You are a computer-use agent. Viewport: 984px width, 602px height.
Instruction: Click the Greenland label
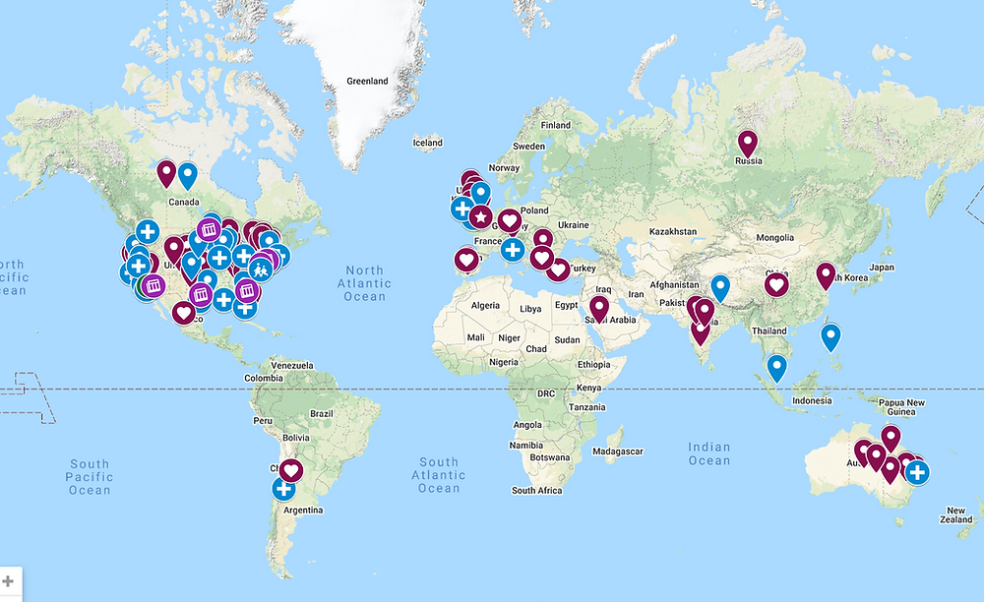(x=367, y=81)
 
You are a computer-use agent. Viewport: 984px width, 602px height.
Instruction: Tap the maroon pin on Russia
(x=748, y=146)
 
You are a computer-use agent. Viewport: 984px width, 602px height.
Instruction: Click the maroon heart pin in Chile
(x=291, y=470)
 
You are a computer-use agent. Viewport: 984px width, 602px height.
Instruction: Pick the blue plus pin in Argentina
(x=283, y=488)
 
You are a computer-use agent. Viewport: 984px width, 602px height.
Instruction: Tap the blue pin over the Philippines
(x=831, y=337)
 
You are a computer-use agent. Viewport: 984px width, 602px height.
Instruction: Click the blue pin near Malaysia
(x=777, y=368)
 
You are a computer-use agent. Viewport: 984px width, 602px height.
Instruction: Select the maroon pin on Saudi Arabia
(x=598, y=310)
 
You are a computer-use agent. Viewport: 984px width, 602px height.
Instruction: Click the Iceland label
(x=427, y=143)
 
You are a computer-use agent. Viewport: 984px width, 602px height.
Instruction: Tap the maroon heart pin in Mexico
(x=183, y=313)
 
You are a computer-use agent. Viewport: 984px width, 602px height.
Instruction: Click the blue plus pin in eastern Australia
(x=917, y=473)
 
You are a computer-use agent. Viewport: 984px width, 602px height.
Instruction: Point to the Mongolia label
(x=774, y=238)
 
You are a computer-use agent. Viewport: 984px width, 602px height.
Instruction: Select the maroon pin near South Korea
(x=826, y=276)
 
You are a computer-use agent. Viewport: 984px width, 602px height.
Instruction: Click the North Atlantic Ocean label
(x=364, y=283)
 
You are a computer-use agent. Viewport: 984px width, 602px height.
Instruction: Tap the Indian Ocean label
(x=708, y=453)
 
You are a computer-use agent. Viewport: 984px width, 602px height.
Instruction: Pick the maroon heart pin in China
(x=776, y=284)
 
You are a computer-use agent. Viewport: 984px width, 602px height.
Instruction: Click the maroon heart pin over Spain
(x=466, y=260)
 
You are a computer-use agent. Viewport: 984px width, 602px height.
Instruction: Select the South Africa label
(x=536, y=490)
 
